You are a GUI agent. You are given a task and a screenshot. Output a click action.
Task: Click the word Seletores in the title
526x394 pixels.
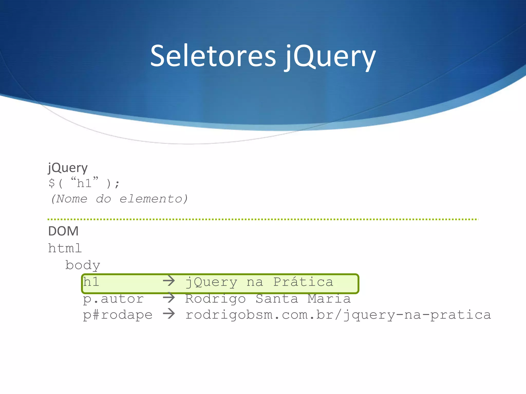pyautogui.click(x=213, y=56)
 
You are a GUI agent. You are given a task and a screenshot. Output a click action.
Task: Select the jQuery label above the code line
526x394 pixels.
pyautogui.click(x=68, y=168)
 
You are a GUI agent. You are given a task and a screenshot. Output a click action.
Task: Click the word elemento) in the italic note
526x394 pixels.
pyautogui.click(x=154, y=199)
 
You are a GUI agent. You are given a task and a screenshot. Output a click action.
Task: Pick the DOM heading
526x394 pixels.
pyautogui.click(x=63, y=231)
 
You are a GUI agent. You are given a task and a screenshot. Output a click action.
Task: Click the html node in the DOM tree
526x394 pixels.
pyautogui.click(x=65, y=248)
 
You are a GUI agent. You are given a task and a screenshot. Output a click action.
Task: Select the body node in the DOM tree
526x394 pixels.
pyautogui.click(x=82, y=265)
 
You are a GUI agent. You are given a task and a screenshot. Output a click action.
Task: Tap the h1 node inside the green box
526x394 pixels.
pyautogui.click(x=91, y=282)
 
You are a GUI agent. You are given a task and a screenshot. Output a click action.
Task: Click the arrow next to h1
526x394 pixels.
pyautogui.click(x=169, y=281)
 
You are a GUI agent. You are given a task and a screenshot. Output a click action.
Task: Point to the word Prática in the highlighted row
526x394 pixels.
pyautogui.click(x=303, y=282)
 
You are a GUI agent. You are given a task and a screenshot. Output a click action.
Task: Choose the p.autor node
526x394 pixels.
pyautogui.click(x=113, y=299)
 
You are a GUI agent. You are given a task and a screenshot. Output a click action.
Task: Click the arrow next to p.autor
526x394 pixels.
pyautogui.click(x=169, y=298)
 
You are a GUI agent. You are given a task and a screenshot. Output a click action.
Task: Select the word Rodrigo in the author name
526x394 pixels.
pyautogui.click(x=215, y=299)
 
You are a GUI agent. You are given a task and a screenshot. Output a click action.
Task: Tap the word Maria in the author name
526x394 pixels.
pyautogui.click(x=329, y=299)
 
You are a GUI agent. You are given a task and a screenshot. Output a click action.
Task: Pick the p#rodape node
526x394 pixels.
pyautogui.click(x=117, y=315)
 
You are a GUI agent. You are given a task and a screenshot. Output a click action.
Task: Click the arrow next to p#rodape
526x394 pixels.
pyautogui.click(x=169, y=314)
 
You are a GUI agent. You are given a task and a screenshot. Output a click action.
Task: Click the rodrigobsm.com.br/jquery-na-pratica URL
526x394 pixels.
pyautogui.click(x=338, y=315)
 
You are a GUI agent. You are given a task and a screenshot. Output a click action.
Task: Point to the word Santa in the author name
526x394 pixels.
pyautogui.click(x=277, y=299)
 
